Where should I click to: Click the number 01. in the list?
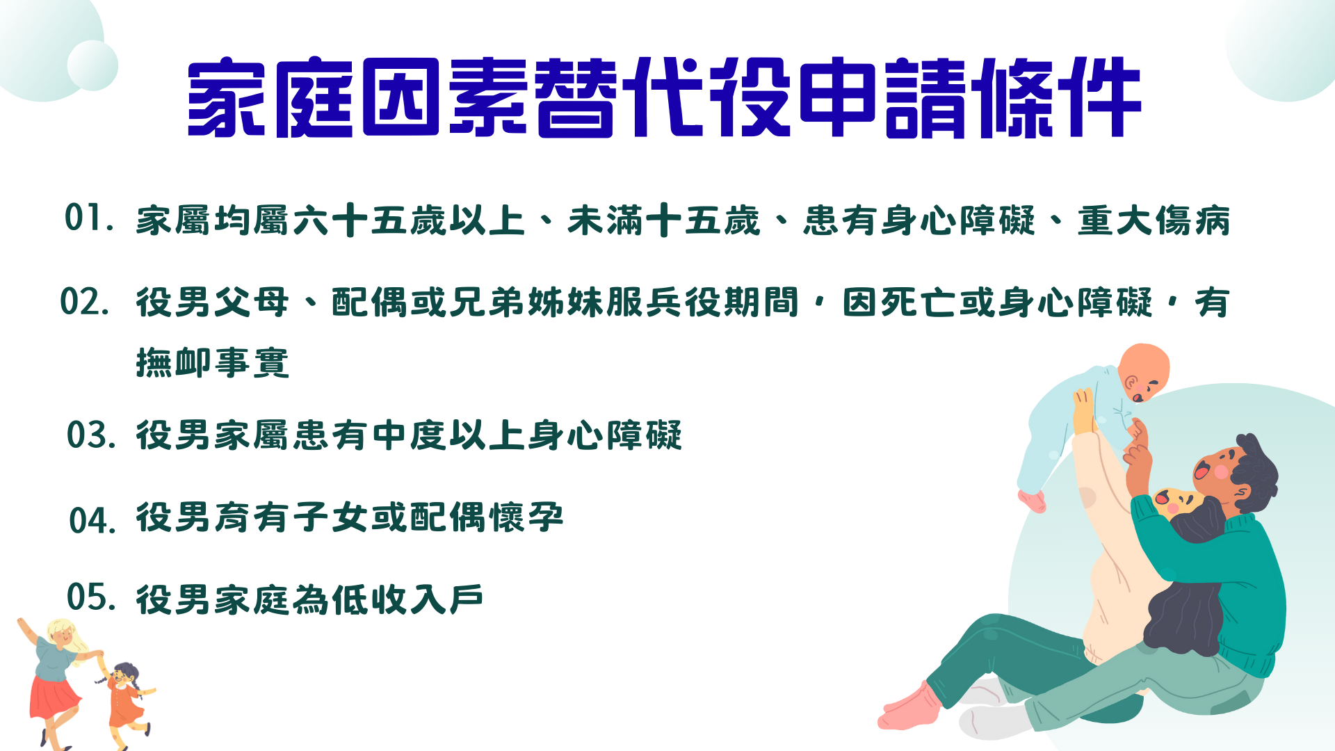(x=89, y=218)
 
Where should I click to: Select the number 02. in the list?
(x=85, y=302)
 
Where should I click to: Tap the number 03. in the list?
(x=91, y=435)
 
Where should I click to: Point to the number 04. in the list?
(x=92, y=520)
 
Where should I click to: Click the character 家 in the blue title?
(x=227, y=97)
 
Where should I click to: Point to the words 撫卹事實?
(x=213, y=362)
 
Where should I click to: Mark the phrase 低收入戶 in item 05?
(x=407, y=599)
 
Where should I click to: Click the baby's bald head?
(x=1145, y=369)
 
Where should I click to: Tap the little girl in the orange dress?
(x=127, y=699)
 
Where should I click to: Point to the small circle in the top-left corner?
(x=92, y=65)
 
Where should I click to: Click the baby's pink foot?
(x=1032, y=499)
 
